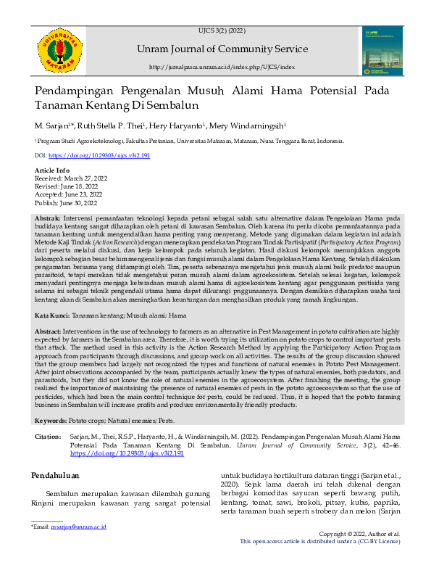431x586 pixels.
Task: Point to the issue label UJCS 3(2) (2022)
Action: (x=221, y=31)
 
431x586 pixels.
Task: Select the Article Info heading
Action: (x=53, y=170)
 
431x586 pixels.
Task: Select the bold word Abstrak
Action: (x=48, y=218)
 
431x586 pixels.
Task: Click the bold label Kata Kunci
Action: (x=51, y=316)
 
